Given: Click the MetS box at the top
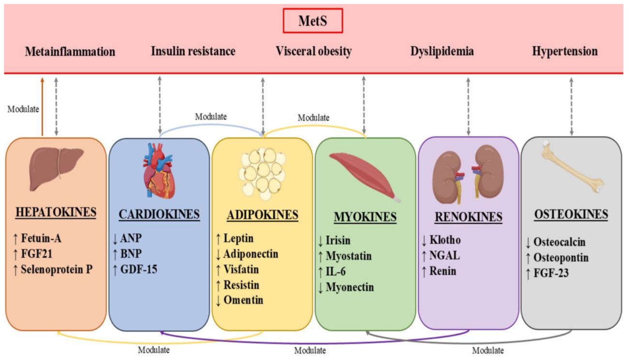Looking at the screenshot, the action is point(313,21).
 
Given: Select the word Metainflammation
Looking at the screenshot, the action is point(70,52).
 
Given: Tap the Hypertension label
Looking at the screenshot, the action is point(565,51).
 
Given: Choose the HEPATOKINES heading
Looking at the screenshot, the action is point(56,212).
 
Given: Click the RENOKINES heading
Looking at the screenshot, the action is point(468,217).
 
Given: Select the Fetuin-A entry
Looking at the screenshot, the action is point(37,238).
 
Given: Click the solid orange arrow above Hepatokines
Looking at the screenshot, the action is point(42,107).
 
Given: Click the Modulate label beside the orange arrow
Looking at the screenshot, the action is point(23,109).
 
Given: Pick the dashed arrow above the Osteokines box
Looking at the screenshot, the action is point(571,107).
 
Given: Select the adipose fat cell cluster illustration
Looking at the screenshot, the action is point(262,174).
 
